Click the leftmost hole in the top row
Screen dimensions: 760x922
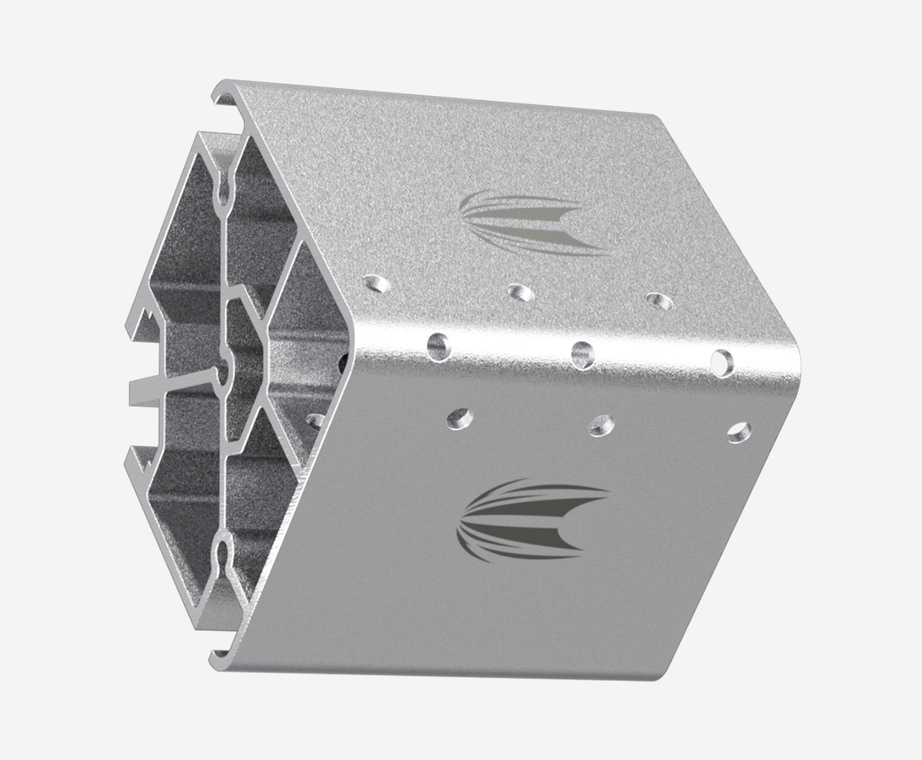pos(379,283)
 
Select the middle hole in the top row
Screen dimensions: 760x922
pos(521,292)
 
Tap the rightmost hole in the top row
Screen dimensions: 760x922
pos(659,301)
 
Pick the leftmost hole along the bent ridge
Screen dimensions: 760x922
pos(438,344)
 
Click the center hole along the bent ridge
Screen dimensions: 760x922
pos(582,353)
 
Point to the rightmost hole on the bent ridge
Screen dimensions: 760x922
pos(721,362)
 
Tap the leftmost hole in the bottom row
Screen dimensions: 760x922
pos(460,417)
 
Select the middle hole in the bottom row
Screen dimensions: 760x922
pos(601,425)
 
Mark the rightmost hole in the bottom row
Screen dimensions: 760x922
pos(738,433)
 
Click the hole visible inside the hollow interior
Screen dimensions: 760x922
pos(315,420)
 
